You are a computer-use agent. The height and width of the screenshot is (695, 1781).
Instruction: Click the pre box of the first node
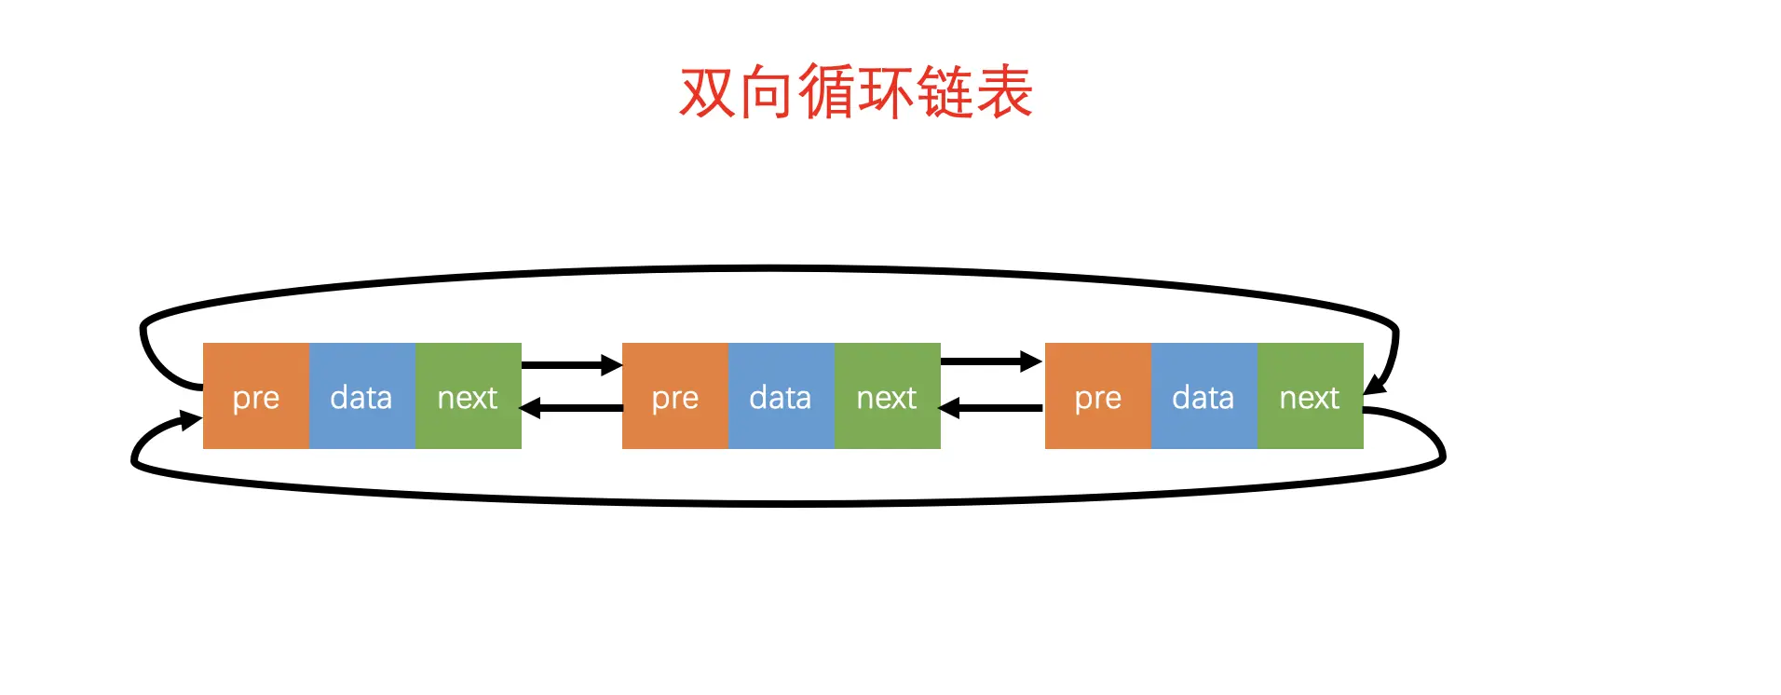[255, 397]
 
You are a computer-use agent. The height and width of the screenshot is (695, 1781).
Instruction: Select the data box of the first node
[361, 397]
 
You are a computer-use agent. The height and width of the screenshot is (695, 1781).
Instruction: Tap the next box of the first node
[468, 397]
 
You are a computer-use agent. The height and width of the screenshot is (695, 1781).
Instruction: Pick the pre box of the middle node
[674, 397]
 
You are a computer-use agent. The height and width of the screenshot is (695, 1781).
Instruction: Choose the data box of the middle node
[781, 397]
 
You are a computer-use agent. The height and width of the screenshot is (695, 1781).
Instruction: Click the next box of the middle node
[887, 397]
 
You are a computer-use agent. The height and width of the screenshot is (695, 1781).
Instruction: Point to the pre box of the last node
[1097, 397]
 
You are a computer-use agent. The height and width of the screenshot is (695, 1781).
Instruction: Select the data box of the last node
[1203, 397]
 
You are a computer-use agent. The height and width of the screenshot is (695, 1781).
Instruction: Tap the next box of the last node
[1310, 397]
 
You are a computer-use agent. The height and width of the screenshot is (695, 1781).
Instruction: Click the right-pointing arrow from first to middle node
[571, 364]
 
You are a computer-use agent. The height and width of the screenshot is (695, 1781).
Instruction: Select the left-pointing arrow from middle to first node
[571, 408]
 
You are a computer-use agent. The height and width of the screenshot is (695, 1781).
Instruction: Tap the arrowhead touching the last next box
[1376, 384]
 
